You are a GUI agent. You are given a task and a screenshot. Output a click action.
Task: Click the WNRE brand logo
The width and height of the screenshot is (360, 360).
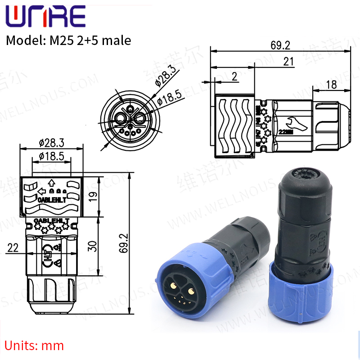45,17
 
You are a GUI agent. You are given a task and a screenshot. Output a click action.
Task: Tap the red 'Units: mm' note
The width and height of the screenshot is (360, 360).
34,346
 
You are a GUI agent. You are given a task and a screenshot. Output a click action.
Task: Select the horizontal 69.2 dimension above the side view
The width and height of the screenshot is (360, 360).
280,45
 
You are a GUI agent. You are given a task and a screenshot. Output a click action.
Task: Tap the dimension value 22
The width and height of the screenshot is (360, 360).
13,248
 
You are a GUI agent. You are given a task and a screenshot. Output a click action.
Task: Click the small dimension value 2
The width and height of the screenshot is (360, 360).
234,76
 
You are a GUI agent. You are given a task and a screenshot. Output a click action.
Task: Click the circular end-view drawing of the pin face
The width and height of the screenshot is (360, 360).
129,119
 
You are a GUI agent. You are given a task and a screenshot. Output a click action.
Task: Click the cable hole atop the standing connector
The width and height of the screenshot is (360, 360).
302,173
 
